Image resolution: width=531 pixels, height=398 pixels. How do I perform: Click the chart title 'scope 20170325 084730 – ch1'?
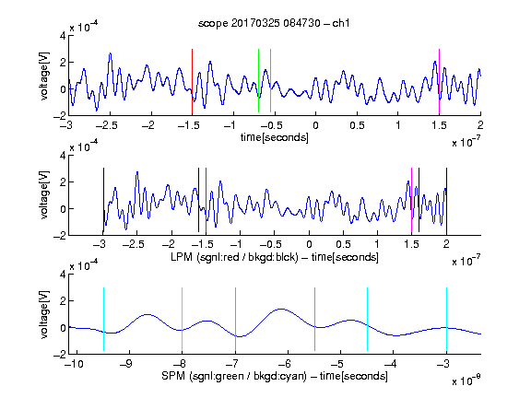coord(274,23)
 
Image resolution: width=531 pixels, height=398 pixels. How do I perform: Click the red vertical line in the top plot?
coord(192,82)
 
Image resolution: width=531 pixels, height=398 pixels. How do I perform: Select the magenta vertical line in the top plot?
coord(439,82)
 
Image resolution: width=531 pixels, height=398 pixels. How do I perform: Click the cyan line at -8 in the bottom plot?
coord(183,319)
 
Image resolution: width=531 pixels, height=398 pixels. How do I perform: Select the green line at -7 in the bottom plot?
coord(235,319)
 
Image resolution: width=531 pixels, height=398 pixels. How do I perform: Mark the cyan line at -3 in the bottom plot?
coord(447,319)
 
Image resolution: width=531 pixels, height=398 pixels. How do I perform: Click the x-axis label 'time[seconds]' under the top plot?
coord(275,137)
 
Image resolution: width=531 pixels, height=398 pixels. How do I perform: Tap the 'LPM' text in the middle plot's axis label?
coord(182,257)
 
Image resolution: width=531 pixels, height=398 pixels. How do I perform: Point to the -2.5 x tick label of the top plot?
coord(106,125)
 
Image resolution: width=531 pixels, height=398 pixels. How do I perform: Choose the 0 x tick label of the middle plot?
coord(309,244)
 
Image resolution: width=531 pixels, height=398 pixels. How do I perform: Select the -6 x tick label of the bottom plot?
coord(285,364)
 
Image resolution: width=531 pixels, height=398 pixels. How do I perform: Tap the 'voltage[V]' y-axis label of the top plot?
coord(44,76)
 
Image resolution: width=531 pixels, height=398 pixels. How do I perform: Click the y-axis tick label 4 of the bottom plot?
coord(63,274)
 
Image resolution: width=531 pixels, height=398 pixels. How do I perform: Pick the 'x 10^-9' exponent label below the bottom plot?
coord(466,381)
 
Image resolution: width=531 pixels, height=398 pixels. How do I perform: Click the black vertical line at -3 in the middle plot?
coord(103,200)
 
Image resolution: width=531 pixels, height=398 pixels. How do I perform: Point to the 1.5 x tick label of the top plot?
coord(439,125)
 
